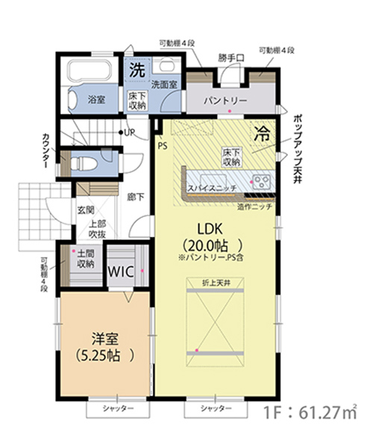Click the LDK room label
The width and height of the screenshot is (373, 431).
(210, 229)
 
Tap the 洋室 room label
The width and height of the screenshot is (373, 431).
(105, 339)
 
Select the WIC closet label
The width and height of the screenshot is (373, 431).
(121, 271)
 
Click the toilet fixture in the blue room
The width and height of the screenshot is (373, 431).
(84, 164)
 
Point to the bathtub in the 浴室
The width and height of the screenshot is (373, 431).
(90, 69)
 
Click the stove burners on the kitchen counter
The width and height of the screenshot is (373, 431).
(262, 182)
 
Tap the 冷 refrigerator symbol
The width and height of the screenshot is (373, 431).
(262, 133)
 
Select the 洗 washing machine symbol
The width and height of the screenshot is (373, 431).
(137, 70)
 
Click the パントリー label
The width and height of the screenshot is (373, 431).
(225, 101)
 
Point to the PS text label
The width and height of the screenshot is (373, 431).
(163, 145)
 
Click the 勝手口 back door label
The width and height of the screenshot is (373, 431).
(231, 58)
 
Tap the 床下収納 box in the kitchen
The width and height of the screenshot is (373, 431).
(231, 157)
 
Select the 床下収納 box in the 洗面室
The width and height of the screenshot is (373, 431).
(137, 101)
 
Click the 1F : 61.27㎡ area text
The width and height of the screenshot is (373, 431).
(310, 412)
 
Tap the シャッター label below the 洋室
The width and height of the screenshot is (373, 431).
(118, 409)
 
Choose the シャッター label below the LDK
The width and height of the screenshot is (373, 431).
(216, 408)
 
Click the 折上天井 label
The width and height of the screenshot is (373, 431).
(216, 283)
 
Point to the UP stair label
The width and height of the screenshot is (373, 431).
(129, 133)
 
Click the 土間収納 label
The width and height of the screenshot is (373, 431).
(86, 259)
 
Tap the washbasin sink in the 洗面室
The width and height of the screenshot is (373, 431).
(166, 65)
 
